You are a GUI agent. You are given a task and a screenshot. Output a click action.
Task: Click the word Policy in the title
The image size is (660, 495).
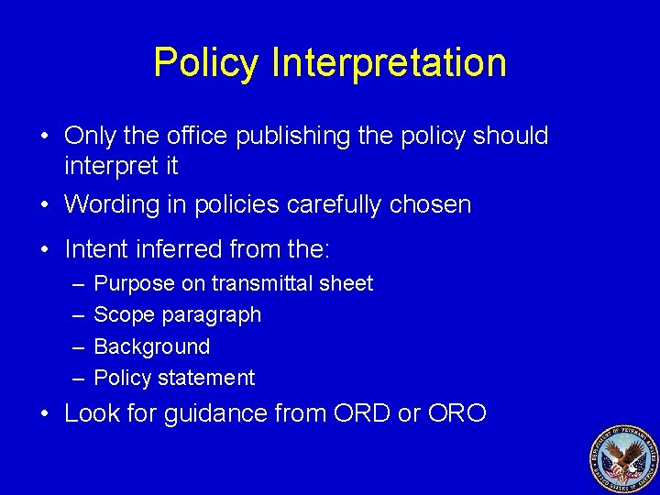pos(207,63)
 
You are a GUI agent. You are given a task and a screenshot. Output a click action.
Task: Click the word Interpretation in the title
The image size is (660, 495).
pos(390,63)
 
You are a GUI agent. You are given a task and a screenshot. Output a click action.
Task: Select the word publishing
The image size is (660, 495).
pos(291,137)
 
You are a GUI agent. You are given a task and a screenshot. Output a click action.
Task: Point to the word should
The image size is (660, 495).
pos(509,136)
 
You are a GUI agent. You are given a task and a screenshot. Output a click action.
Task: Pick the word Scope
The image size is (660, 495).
pos(125,315)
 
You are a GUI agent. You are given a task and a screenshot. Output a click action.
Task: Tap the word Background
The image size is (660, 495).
pos(152,346)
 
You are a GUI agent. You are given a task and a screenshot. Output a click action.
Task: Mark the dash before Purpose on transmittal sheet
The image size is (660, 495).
pos(73,284)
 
